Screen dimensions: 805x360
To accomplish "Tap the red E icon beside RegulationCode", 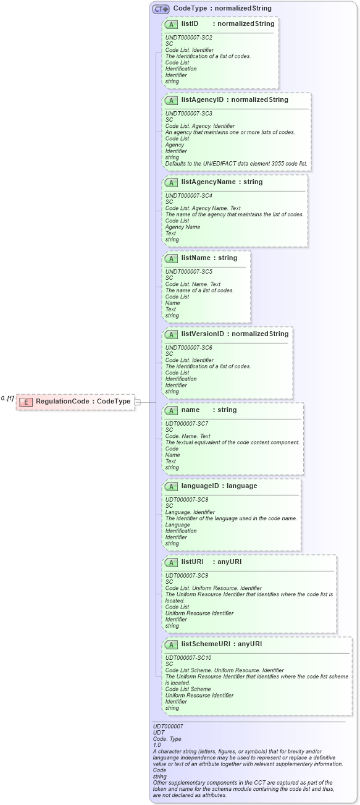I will pyautogui.click(x=26, y=402).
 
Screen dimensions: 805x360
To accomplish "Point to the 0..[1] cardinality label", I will pyautogui.click(x=7, y=398).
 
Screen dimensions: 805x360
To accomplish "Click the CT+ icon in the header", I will pyautogui.click(x=161, y=9).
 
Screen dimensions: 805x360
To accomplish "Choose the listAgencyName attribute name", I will pyautogui.click(x=207, y=182).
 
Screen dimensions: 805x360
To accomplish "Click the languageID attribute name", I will pyautogui.click(x=202, y=486).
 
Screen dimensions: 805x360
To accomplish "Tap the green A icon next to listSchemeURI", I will pyautogui.click(x=172, y=644).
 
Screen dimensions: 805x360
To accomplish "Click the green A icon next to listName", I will pyautogui.click(x=172, y=258).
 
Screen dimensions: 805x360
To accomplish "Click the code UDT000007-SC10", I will pyautogui.click(x=188, y=658).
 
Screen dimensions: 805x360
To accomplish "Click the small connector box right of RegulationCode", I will pyautogui.click(x=138, y=402).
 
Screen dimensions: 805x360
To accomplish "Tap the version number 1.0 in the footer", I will pyautogui.click(x=157, y=745).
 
